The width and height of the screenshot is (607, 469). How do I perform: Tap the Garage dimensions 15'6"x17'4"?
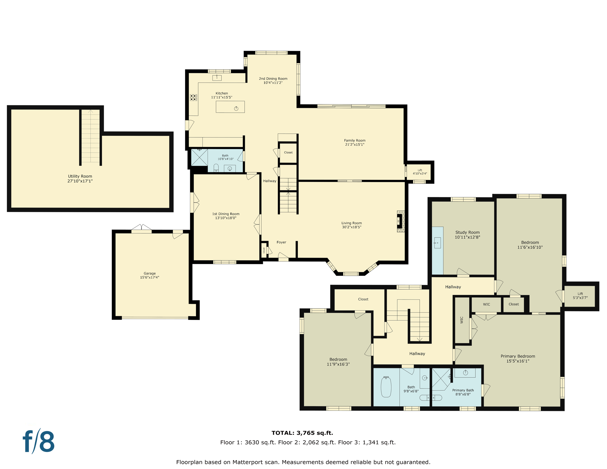pyautogui.click(x=149, y=278)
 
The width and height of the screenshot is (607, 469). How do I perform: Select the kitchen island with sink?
pyautogui.click(x=230, y=107)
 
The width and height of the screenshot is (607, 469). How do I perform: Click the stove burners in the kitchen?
pyautogui.click(x=194, y=97)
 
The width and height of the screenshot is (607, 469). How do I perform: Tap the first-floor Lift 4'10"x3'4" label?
pyautogui.click(x=420, y=172)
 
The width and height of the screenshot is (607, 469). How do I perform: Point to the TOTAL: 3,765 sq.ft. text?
pyautogui.click(x=302, y=433)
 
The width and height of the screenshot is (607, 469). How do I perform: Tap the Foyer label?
pyautogui.click(x=281, y=242)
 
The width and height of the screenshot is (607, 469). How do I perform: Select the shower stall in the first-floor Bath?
pyautogui.click(x=199, y=157)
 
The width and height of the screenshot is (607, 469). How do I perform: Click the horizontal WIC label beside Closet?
pyautogui.click(x=486, y=304)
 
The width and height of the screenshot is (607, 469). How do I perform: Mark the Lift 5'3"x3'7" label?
pyautogui.click(x=580, y=296)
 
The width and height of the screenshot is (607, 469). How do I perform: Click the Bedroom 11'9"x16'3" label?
pyautogui.click(x=338, y=362)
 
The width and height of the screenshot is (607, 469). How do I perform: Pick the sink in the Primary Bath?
pyautogui.click(x=465, y=373)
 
